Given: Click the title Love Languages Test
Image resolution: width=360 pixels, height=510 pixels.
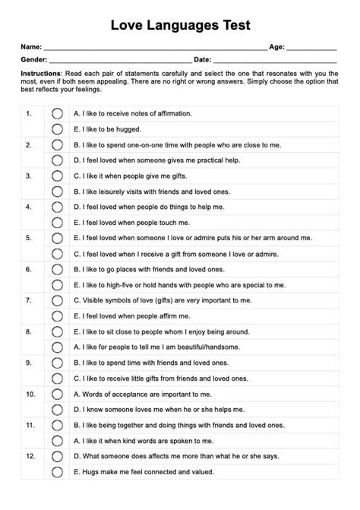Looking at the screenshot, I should click(x=180, y=26).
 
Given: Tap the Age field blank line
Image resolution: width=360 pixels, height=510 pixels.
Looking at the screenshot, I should click(x=311, y=49).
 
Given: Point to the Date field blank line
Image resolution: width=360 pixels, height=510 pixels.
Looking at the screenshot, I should click(x=274, y=60).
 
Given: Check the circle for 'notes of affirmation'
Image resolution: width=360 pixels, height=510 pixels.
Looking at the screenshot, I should click(x=56, y=112).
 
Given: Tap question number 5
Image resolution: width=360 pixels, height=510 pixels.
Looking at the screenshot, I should click(x=28, y=236).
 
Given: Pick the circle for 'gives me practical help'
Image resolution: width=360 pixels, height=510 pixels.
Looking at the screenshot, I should click(x=56, y=160).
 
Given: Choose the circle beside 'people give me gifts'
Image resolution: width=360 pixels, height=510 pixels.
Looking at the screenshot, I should click(x=56, y=175).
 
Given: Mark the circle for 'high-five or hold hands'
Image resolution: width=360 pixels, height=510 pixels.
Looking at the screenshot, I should click(x=56, y=284).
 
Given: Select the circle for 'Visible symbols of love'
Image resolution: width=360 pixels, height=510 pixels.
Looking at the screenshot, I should click(x=56, y=299).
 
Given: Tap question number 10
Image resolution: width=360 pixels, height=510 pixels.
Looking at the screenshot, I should click(x=30, y=394).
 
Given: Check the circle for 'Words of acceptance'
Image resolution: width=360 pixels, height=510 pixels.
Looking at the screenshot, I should click(x=56, y=394).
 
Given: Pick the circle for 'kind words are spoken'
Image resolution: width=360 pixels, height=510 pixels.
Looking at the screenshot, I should click(x=56, y=440).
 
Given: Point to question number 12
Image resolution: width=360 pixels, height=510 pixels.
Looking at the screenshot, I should click(x=30, y=456).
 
